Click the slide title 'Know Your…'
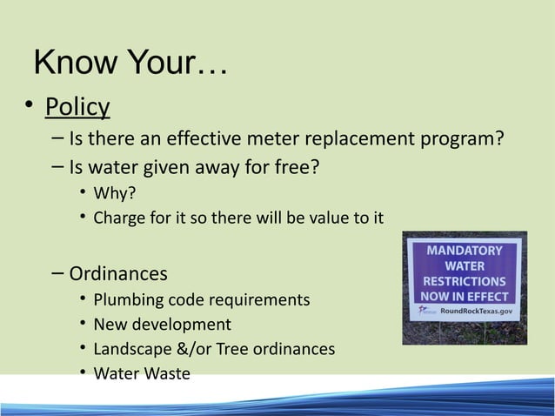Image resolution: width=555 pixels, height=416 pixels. [130, 64]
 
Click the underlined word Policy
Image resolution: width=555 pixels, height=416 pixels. [77, 107]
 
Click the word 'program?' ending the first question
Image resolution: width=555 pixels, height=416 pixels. [465, 139]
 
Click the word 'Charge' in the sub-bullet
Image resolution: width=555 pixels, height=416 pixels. [119, 217]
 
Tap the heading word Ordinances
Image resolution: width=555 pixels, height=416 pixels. [118, 274]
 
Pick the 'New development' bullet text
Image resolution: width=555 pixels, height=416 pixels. [162, 325]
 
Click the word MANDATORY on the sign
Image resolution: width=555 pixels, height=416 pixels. [464, 251]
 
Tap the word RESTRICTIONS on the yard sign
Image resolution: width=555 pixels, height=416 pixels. [465, 281]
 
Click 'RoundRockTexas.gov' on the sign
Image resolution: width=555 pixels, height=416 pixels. [475, 311]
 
